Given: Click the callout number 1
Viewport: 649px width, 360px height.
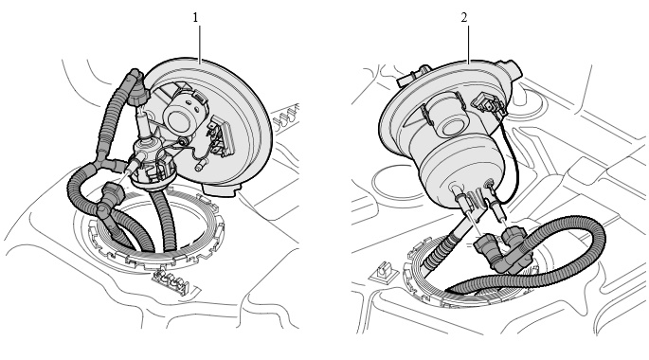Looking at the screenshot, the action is click(195, 18).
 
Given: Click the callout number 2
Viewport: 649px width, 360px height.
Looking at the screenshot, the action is click(464, 18).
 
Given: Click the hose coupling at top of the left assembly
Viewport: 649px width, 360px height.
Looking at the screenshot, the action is click(136, 88).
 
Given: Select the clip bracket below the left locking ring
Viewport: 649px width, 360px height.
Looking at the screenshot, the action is click(171, 282).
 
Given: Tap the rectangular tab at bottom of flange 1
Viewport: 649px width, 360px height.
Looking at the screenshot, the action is click(220, 190).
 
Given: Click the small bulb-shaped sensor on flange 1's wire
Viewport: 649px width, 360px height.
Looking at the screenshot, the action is click(200, 167).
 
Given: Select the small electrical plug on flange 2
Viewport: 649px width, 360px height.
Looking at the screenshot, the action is click(488, 102).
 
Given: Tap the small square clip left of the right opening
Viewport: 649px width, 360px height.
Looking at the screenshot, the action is click(384, 271).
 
